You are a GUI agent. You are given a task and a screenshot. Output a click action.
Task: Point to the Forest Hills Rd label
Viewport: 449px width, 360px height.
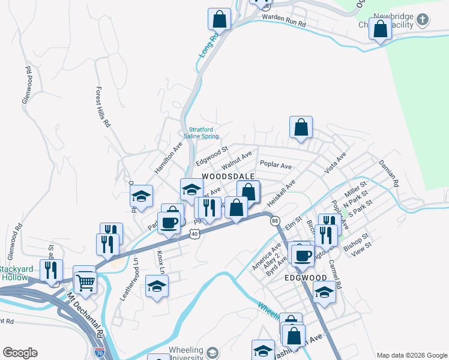(103, 106)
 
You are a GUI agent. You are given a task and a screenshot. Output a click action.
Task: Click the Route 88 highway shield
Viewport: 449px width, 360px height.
(276, 221)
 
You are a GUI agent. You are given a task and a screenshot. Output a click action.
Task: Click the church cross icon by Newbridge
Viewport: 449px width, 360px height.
(423, 20)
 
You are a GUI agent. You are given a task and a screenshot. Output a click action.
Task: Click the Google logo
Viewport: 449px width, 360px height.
(19, 353)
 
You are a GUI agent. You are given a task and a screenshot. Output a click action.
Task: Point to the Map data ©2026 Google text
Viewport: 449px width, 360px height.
(412, 355)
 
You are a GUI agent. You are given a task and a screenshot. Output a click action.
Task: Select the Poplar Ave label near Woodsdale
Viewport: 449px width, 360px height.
(276, 165)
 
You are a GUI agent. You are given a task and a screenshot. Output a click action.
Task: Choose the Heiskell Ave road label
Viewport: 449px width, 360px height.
(282, 194)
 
